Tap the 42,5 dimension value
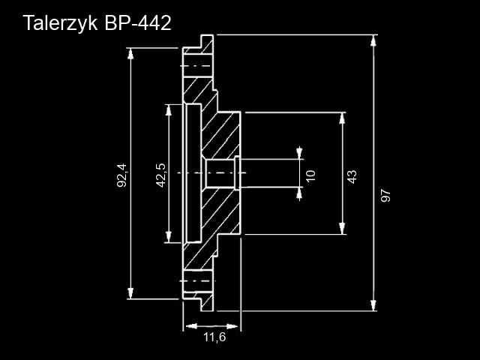[160, 174]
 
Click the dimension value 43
[352, 175]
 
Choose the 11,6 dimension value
[214, 337]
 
